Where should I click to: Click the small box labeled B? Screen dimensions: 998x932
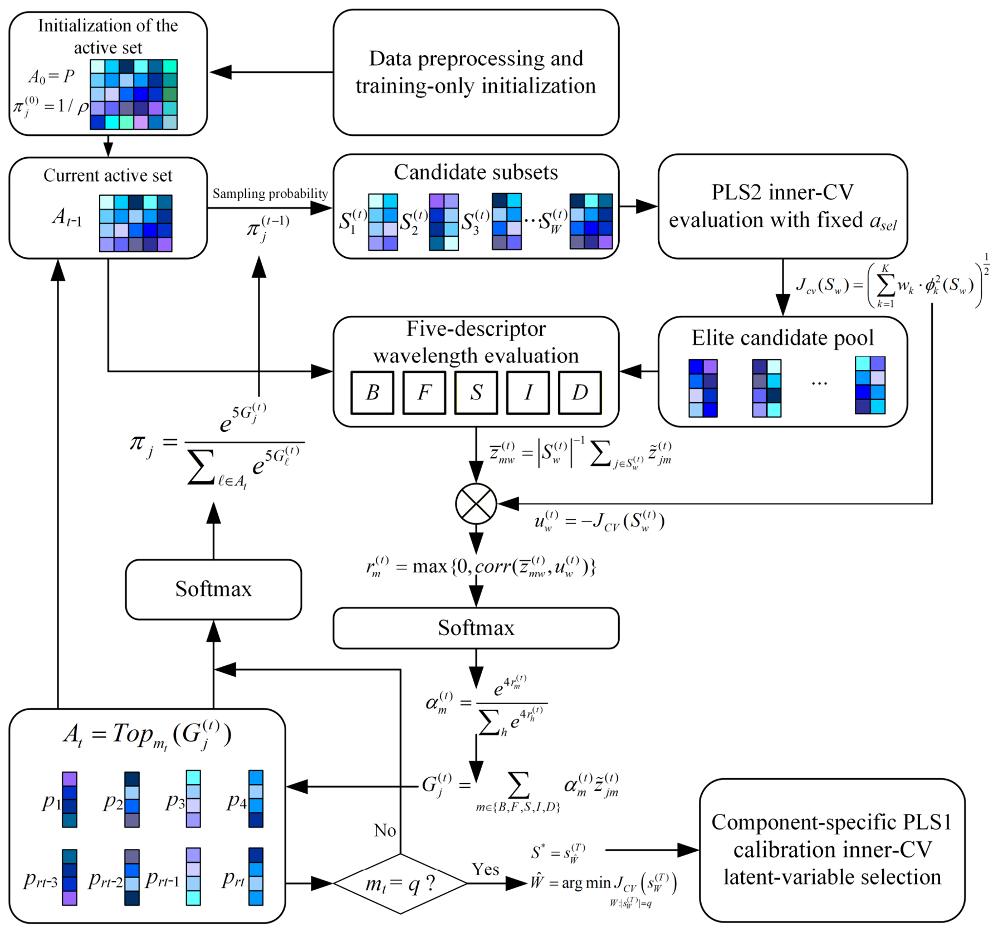click(373, 393)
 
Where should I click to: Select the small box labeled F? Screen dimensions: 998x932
click(424, 393)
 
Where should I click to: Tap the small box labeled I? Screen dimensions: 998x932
click(528, 393)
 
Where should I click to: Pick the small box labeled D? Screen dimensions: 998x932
click(580, 393)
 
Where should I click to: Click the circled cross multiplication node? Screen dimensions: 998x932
click(476, 504)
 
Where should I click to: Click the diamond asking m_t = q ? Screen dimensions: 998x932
click(400, 884)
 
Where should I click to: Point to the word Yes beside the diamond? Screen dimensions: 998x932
click(485, 869)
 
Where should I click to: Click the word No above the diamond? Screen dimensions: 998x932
click(385, 830)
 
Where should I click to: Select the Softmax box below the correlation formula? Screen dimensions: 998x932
click(476, 628)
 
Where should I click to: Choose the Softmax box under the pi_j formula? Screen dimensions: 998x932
click(213, 589)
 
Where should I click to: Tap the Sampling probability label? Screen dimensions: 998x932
click(270, 193)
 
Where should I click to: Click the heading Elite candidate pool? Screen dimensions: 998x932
click(782, 338)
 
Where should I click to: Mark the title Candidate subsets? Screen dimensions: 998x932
click(476, 172)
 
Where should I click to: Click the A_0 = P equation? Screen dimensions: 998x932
click(51, 77)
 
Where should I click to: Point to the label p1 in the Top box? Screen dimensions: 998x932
click(51, 801)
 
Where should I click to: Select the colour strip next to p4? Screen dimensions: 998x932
click(256, 799)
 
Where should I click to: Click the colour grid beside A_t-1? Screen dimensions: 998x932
click(135, 223)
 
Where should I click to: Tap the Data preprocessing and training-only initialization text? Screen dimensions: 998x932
click(476, 72)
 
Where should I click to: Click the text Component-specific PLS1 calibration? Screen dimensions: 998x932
click(832, 836)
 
